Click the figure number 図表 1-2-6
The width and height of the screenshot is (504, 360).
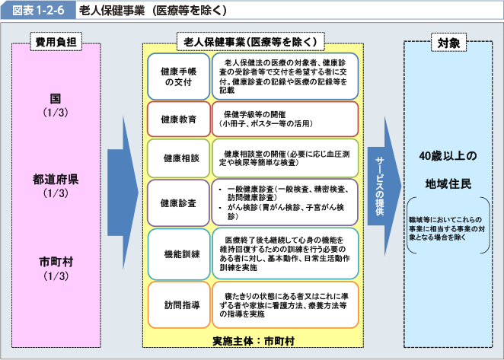(x=38, y=11)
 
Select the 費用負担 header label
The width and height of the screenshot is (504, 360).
(x=56, y=42)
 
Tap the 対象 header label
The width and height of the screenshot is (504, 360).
(x=448, y=42)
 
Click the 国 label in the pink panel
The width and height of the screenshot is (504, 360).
(x=56, y=98)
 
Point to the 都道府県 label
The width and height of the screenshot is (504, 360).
(x=56, y=179)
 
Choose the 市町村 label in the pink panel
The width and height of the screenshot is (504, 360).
(x=56, y=262)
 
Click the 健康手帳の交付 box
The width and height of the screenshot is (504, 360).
(x=179, y=77)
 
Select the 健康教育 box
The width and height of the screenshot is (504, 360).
(x=179, y=119)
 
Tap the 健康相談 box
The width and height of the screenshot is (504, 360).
(x=179, y=158)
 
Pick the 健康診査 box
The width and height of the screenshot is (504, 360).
(x=179, y=202)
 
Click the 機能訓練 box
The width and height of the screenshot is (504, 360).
(x=179, y=254)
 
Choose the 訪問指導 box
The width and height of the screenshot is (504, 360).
(x=179, y=305)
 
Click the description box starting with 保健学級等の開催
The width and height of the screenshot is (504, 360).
(x=285, y=119)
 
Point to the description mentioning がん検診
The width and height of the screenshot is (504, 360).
(x=285, y=202)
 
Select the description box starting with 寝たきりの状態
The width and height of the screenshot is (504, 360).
(x=285, y=305)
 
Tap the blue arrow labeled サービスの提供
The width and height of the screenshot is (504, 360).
(x=384, y=186)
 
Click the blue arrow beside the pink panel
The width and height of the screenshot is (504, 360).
(x=123, y=193)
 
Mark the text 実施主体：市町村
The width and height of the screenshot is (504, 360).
(x=254, y=341)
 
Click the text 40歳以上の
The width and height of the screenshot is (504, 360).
(x=448, y=156)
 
